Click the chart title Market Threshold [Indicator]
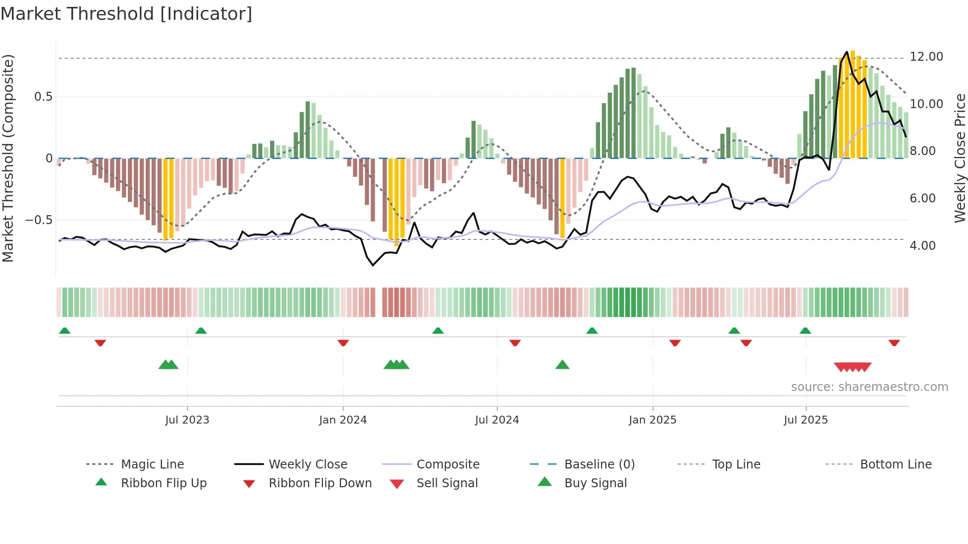[x=126, y=14]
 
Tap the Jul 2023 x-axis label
[x=187, y=420]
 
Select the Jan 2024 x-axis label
[x=343, y=420]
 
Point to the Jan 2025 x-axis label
[x=652, y=420]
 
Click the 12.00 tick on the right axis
[x=927, y=57]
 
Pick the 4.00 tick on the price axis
[x=923, y=246]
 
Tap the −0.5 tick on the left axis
[x=39, y=220]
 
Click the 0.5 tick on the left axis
[x=43, y=97]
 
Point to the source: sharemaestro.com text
[x=869, y=387]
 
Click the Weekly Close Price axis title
[x=960, y=158]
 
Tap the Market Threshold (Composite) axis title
[x=8, y=158]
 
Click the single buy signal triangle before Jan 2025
[x=562, y=365]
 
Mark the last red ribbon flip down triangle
[x=894, y=343]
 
